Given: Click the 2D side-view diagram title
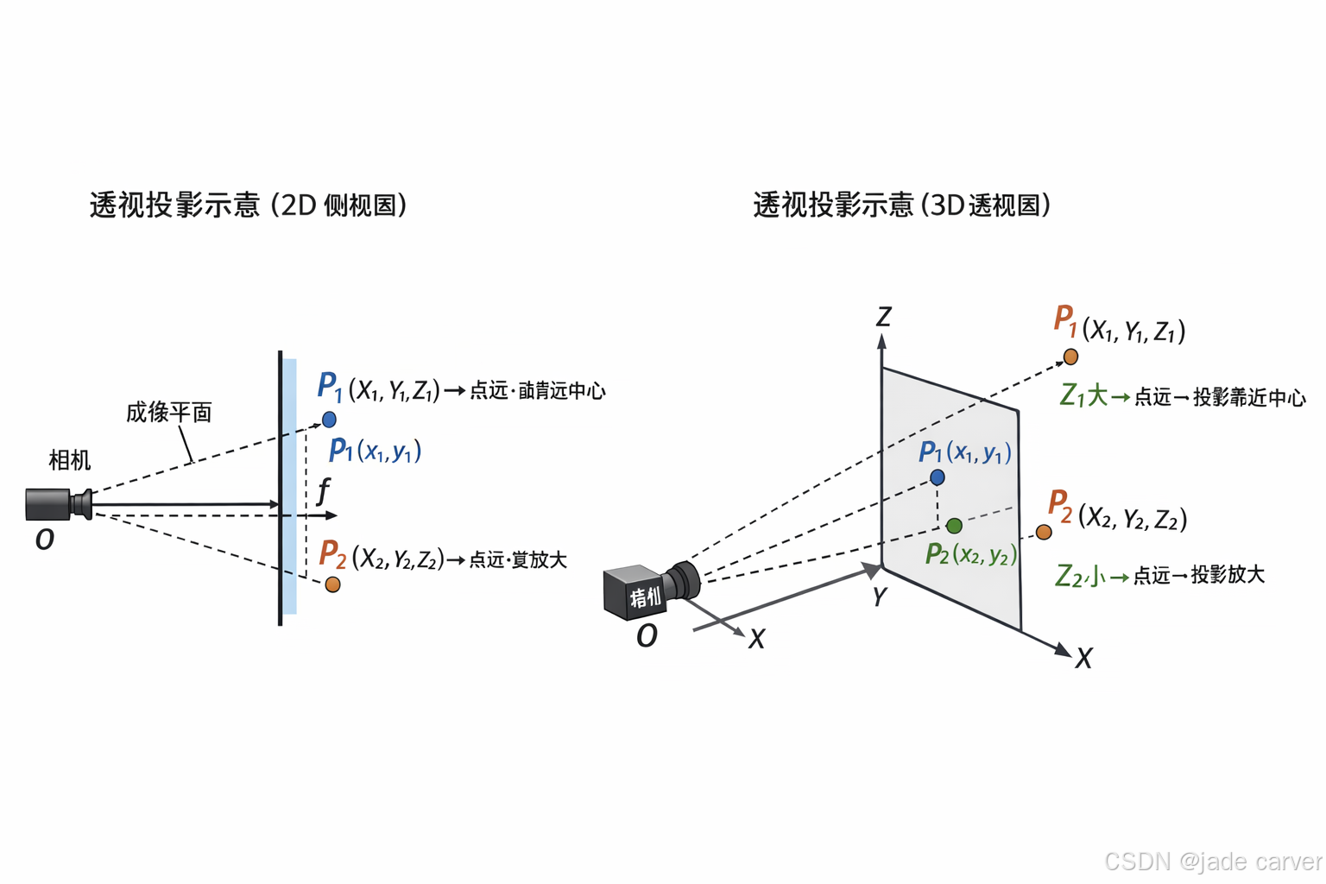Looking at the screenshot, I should [248, 205].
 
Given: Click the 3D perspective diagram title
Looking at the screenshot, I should [901, 205].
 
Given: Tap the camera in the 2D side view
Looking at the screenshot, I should [58, 503].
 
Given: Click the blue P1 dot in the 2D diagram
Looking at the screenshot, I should [329, 420].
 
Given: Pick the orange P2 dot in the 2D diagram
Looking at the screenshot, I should [332, 584].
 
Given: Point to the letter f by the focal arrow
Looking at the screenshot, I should [324, 491].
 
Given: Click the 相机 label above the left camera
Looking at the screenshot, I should [70, 460].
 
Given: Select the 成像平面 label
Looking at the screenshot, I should [169, 413].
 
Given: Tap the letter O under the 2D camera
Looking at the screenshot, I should [45, 540].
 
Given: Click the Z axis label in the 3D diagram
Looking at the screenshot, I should [883, 317].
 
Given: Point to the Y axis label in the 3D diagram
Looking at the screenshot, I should [879, 597].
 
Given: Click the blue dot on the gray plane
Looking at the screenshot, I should [938, 477].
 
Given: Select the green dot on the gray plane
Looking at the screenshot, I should [954, 526].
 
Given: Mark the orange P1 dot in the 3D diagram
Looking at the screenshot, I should [1070, 357].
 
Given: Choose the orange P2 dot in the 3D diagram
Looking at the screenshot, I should [1044, 532].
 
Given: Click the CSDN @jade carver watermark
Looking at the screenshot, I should [1213, 861].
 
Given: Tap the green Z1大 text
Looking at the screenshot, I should [1083, 396].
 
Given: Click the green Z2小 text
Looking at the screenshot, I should [1079, 575].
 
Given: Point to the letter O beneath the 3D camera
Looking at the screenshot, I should [647, 636].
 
